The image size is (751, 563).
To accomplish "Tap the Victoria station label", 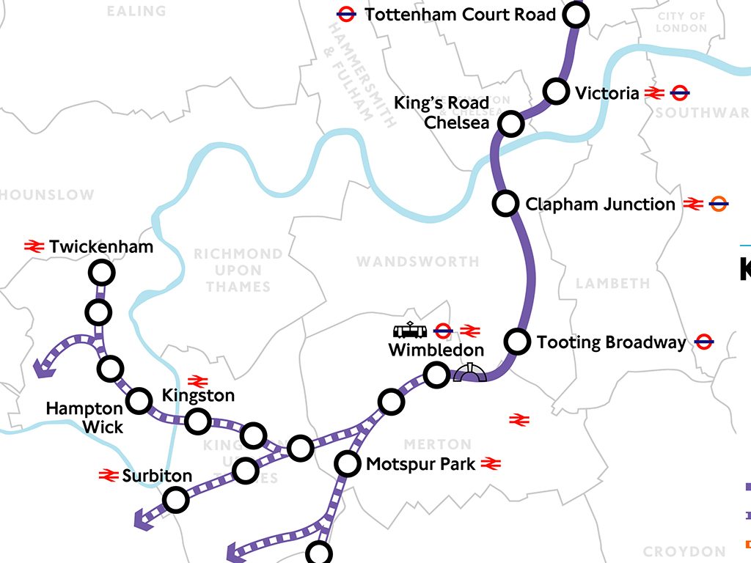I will [x=607, y=93].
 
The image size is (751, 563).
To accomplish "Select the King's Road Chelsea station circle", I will [x=510, y=123].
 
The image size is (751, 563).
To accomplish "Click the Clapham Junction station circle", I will [x=505, y=203].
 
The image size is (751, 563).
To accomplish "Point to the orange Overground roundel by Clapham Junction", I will [x=719, y=204].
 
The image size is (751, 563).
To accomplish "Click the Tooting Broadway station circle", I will [x=517, y=341].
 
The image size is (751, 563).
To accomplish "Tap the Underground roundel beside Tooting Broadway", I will [x=704, y=342].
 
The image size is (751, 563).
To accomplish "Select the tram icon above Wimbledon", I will [x=410, y=331].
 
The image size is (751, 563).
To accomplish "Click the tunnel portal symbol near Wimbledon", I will [x=470, y=374].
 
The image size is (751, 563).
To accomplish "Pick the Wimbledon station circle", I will [x=436, y=376].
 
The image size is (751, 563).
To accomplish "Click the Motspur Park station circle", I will [x=348, y=464].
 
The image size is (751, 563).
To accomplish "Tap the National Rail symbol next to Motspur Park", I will [x=491, y=463].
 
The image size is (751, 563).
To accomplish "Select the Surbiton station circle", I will [x=175, y=500].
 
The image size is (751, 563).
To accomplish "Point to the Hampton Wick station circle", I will [x=138, y=400].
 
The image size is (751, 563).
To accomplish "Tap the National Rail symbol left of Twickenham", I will [x=34, y=247].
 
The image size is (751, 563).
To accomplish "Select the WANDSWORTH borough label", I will [x=417, y=262].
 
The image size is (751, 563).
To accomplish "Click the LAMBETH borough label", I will [x=612, y=283].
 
